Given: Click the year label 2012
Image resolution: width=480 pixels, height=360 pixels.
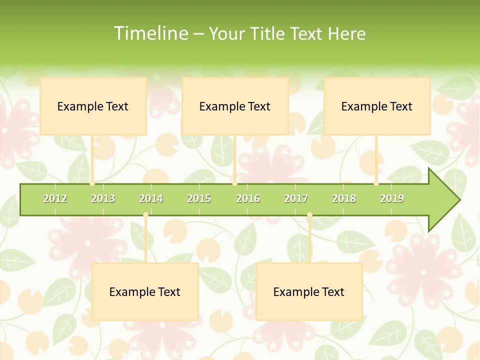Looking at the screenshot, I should (x=55, y=198).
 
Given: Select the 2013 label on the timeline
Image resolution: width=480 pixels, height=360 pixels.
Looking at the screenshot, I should (x=103, y=198).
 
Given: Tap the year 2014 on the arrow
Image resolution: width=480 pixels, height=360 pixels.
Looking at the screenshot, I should (x=151, y=198).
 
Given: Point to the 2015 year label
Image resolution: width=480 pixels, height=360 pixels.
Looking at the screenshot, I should (x=199, y=198).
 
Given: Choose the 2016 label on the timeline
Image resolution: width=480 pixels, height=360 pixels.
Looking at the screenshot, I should (x=248, y=198).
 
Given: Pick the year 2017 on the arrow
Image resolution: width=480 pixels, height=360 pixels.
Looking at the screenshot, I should (x=296, y=198).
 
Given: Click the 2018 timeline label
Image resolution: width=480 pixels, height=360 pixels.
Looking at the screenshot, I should (x=344, y=198).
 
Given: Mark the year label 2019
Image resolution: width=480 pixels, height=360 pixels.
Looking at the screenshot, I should (x=392, y=198).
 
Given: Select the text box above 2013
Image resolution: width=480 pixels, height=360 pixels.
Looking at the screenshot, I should (x=93, y=106).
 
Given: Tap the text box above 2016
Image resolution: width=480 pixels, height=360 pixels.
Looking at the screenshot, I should (x=235, y=106).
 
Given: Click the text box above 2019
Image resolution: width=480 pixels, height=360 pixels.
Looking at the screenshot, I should (x=377, y=106).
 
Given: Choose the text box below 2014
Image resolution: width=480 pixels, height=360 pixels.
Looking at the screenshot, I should (x=145, y=291).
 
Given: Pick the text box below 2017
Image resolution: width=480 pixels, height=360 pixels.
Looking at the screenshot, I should (x=309, y=291).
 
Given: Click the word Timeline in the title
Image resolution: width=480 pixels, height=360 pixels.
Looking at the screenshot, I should (x=150, y=33).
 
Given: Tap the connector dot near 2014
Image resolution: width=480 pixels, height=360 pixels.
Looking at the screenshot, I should (x=145, y=215).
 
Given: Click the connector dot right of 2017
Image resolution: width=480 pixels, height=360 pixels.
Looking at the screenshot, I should (x=309, y=215).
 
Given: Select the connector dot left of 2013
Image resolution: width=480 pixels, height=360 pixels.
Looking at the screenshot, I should (x=92, y=183).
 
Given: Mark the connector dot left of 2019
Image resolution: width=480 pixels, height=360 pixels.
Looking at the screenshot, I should (x=376, y=183).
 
